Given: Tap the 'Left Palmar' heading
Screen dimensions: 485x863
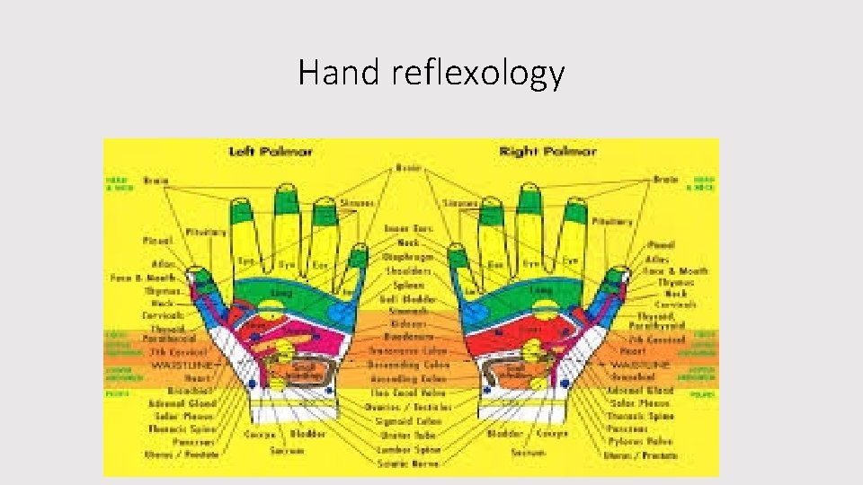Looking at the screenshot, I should point(271,152).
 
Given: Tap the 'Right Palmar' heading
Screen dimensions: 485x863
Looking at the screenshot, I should point(547,152).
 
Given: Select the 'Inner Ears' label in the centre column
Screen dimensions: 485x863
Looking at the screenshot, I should point(409,229).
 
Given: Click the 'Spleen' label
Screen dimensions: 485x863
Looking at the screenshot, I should point(409,284).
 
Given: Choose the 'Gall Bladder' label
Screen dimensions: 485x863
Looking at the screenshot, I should point(409,298).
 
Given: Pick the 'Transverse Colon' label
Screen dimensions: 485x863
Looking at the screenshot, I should point(409,352).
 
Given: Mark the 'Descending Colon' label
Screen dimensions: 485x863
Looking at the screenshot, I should point(409,366).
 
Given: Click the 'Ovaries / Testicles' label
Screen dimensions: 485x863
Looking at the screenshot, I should point(409,407).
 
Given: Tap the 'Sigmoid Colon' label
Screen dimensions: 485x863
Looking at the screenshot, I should point(409,420).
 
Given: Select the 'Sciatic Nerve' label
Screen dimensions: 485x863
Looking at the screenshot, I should point(409,463).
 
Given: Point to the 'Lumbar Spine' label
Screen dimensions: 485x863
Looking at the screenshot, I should point(409,449).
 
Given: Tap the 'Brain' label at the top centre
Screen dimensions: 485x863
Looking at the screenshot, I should point(409,168).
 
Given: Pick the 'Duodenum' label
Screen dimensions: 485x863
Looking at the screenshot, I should point(409,339).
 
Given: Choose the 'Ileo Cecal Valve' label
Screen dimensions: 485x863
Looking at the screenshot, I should point(409,392).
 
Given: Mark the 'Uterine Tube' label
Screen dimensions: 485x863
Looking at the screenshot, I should point(409,435).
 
